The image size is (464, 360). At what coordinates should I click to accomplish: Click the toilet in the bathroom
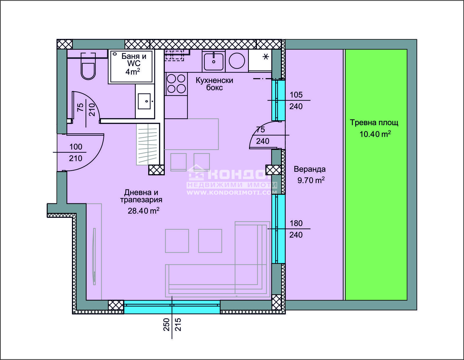(x=88, y=66)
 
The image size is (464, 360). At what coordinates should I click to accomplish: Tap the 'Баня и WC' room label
(x=134, y=59)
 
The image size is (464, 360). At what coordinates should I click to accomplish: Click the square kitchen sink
(x=213, y=61)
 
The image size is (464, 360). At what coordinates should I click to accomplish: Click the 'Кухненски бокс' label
(x=214, y=84)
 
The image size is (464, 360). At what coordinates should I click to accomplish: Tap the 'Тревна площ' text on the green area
(x=374, y=123)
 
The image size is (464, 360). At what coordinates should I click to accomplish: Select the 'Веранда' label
(x=310, y=169)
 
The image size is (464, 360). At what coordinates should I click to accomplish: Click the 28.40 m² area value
(x=144, y=210)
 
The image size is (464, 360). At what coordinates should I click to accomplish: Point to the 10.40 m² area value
(x=375, y=134)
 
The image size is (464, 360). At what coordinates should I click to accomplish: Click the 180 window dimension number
(x=296, y=223)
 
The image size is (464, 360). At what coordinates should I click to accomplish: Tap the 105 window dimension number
(x=296, y=95)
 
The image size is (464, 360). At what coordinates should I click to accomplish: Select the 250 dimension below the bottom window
(x=166, y=324)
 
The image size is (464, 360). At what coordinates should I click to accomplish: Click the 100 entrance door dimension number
(x=76, y=147)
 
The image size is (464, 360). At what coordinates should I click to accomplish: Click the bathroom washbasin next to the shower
(x=145, y=101)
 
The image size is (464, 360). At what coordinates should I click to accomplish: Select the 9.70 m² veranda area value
(x=311, y=180)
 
